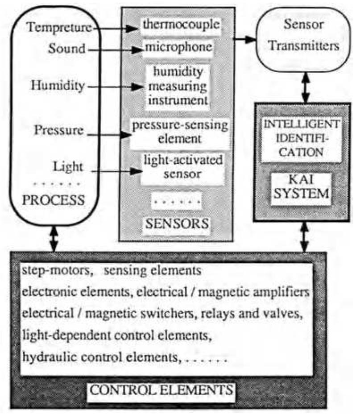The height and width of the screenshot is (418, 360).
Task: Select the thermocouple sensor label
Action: tap(181, 26)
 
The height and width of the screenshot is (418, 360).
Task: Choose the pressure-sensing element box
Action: tap(178, 132)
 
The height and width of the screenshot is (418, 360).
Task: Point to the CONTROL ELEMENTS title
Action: tap(161, 390)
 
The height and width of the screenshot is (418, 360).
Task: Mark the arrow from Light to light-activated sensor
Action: tap(112, 170)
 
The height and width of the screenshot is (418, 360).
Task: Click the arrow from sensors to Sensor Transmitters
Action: tap(244, 39)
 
